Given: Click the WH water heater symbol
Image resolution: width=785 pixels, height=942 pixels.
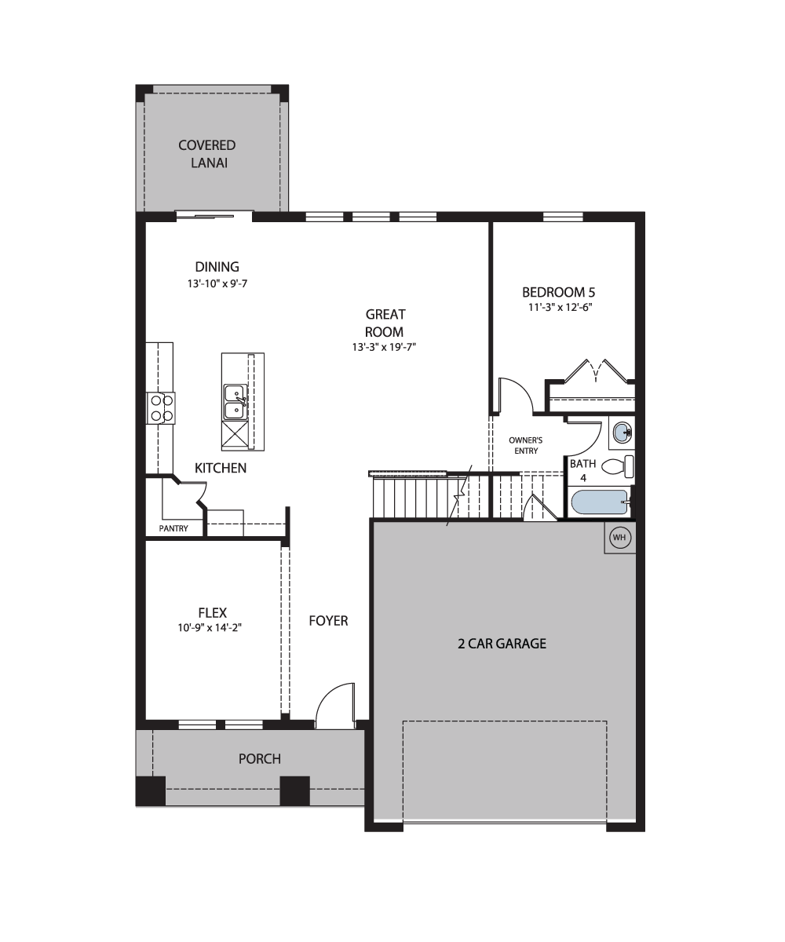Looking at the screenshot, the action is [619, 537].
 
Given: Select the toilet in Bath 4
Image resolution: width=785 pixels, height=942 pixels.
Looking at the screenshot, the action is [618, 467].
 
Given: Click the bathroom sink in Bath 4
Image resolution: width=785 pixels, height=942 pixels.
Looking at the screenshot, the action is [623, 433].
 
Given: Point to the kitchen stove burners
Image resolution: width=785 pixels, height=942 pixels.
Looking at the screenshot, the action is [162, 408].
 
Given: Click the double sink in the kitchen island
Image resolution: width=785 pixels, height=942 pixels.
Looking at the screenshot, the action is [235, 402].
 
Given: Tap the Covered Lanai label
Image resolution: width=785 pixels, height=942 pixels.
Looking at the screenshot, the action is [207, 154].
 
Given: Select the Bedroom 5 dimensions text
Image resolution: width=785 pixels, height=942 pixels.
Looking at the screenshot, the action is [560, 307].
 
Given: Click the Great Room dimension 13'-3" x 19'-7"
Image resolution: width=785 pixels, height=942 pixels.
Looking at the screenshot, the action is [384, 347].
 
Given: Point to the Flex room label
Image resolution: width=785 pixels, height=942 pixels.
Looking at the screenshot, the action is [213, 612].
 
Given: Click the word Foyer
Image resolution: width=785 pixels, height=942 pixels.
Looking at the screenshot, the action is [328, 621].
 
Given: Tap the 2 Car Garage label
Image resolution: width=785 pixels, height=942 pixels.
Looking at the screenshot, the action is [502, 644].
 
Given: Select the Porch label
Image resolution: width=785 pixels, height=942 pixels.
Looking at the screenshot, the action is [259, 759].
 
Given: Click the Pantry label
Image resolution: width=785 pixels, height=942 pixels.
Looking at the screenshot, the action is [173, 528].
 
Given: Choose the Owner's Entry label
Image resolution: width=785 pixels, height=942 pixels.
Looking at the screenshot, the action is [526, 445].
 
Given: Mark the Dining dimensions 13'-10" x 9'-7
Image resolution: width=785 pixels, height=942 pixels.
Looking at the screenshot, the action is [217, 283].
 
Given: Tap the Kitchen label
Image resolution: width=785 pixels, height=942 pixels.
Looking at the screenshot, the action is [220, 469].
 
